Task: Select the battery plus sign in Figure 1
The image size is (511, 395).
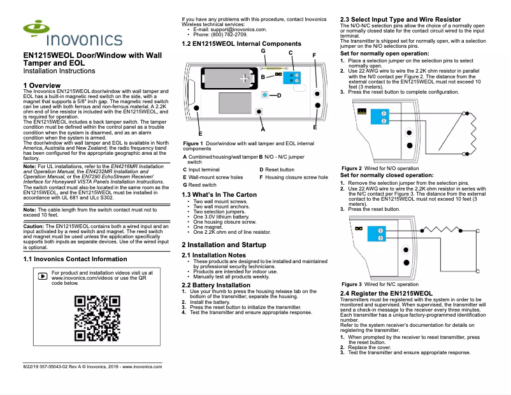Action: coord(244,78)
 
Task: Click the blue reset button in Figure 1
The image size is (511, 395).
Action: coord(264,95)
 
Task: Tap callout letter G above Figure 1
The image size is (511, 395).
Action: coord(263,50)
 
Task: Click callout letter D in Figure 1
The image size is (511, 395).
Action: coord(278,96)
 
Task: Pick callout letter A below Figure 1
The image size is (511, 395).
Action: coord(263,129)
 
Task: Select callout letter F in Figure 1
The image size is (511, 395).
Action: coord(314,55)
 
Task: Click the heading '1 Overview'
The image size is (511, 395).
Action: coord(41,85)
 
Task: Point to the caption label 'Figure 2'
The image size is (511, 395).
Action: coord(352,168)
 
